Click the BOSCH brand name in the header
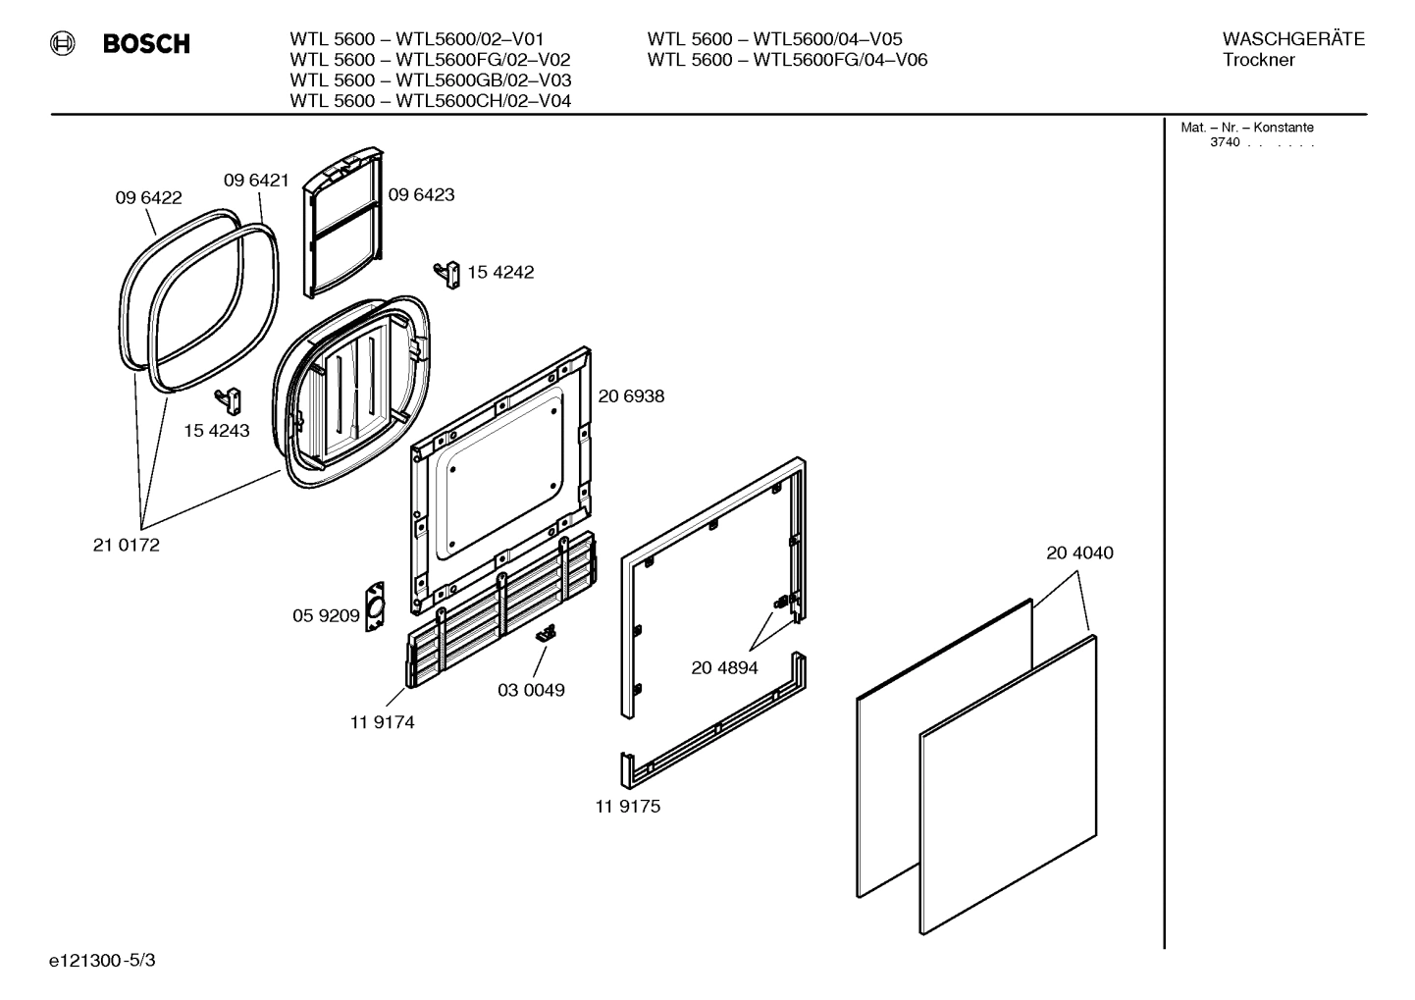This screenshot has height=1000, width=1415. coord(146,44)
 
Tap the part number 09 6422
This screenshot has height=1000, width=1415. coord(148,197)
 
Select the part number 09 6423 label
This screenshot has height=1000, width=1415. coord(421,194)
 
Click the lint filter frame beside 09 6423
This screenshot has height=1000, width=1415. coord(341,223)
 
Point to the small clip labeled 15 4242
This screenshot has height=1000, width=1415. coord(448,274)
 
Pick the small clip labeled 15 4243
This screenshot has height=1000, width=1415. coord(230,399)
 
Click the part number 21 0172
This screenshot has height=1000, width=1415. coord(126,546)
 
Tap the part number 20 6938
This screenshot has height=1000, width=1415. coord(631,396)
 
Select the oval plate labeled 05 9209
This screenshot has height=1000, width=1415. coord(374,607)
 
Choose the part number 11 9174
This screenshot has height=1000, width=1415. coord(382,722)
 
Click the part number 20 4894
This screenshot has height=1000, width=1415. coord(724,667)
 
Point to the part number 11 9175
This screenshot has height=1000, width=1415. coord(627,806)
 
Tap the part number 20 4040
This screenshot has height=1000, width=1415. coord(1079,553)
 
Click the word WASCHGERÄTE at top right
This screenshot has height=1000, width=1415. coord(1292,39)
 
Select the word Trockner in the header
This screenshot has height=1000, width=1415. coord(1258,60)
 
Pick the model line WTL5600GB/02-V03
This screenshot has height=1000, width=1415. coord(430,80)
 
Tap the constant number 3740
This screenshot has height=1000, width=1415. coord(1225,142)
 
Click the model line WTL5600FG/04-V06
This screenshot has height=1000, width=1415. coord(787,60)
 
